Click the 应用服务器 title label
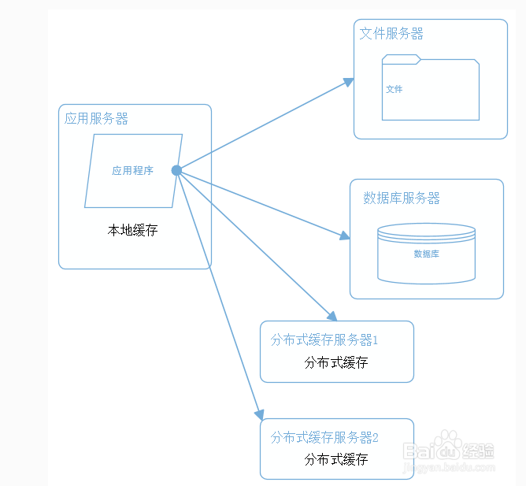click(x=96, y=119)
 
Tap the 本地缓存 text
click(x=132, y=231)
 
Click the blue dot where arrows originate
click(x=176, y=170)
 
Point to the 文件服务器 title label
click(x=391, y=34)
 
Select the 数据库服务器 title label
click(x=402, y=198)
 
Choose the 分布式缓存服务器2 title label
click(x=324, y=437)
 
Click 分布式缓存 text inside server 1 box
click(x=336, y=362)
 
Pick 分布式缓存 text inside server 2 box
click(x=336, y=459)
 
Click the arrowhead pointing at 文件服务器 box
click(x=349, y=81)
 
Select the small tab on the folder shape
click(x=402, y=58)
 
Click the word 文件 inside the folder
click(x=394, y=90)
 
